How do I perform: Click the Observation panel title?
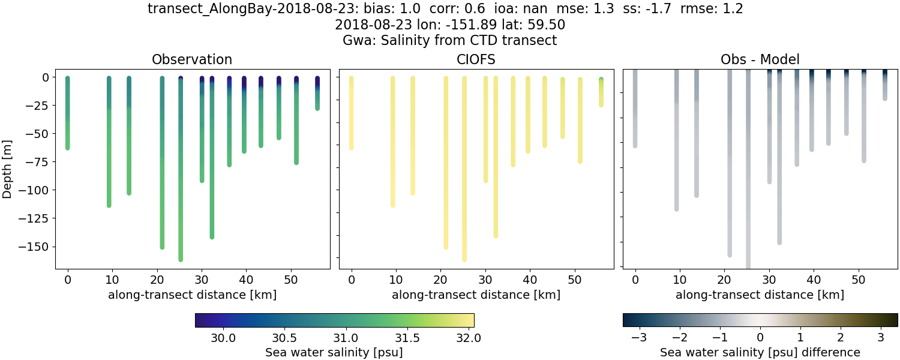[x=192, y=59]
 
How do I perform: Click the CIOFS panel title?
[x=476, y=59]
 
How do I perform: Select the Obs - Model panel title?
[x=760, y=59]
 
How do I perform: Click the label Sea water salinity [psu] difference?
[x=760, y=352]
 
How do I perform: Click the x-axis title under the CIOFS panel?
[x=476, y=295]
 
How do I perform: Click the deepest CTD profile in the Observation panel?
[x=181, y=180]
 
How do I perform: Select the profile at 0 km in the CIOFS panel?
[x=351, y=114]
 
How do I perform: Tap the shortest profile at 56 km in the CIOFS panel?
[x=601, y=93]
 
